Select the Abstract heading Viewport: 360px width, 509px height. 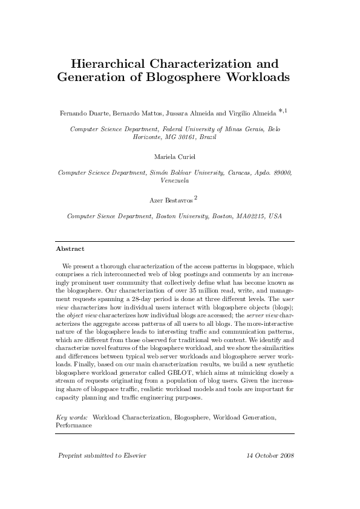click(70, 248)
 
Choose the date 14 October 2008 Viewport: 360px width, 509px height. click(271, 455)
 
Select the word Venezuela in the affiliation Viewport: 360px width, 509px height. click(175, 181)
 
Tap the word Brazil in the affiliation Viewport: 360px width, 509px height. click(206, 137)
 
